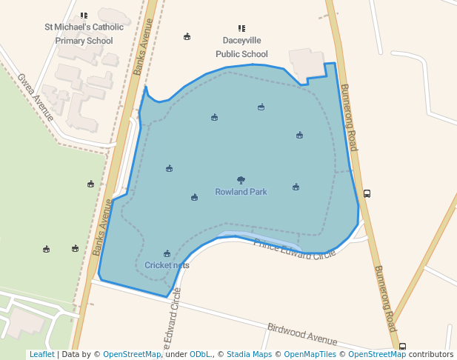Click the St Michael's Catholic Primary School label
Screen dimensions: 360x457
pyautogui.click(x=79, y=33)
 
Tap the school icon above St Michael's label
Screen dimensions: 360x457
pyautogui.click(x=84, y=16)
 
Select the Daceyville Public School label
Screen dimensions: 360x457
pyautogui.click(x=241, y=47)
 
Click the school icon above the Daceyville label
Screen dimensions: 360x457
pyautogui.click(x=241, y=28)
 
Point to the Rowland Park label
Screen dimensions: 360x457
pyautogui.click(x=241, y=192)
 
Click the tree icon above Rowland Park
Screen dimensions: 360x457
pyautogui.click(x=241, y=180)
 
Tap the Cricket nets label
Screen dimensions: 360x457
pyautogui.click(x=167, y=265)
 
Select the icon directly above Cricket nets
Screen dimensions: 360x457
pyautogui.click(x=167, y=253)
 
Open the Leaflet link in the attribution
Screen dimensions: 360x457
pyautogui.click(x=41, y=355)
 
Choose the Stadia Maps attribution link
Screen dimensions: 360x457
pyautogui.click(x=249, y=355)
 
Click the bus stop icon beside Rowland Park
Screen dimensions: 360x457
pyautogui.click(x=367, y=194)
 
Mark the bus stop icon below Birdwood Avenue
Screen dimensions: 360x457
pyautogui.click(x=402, y=346)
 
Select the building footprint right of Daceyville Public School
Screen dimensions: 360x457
pyautogui.click(x=307, y=62)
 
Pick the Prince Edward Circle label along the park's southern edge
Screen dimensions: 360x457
pyautogui.click(x=295, y=248)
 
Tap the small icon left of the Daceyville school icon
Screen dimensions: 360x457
pyautogui.click(x=187, y=36)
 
